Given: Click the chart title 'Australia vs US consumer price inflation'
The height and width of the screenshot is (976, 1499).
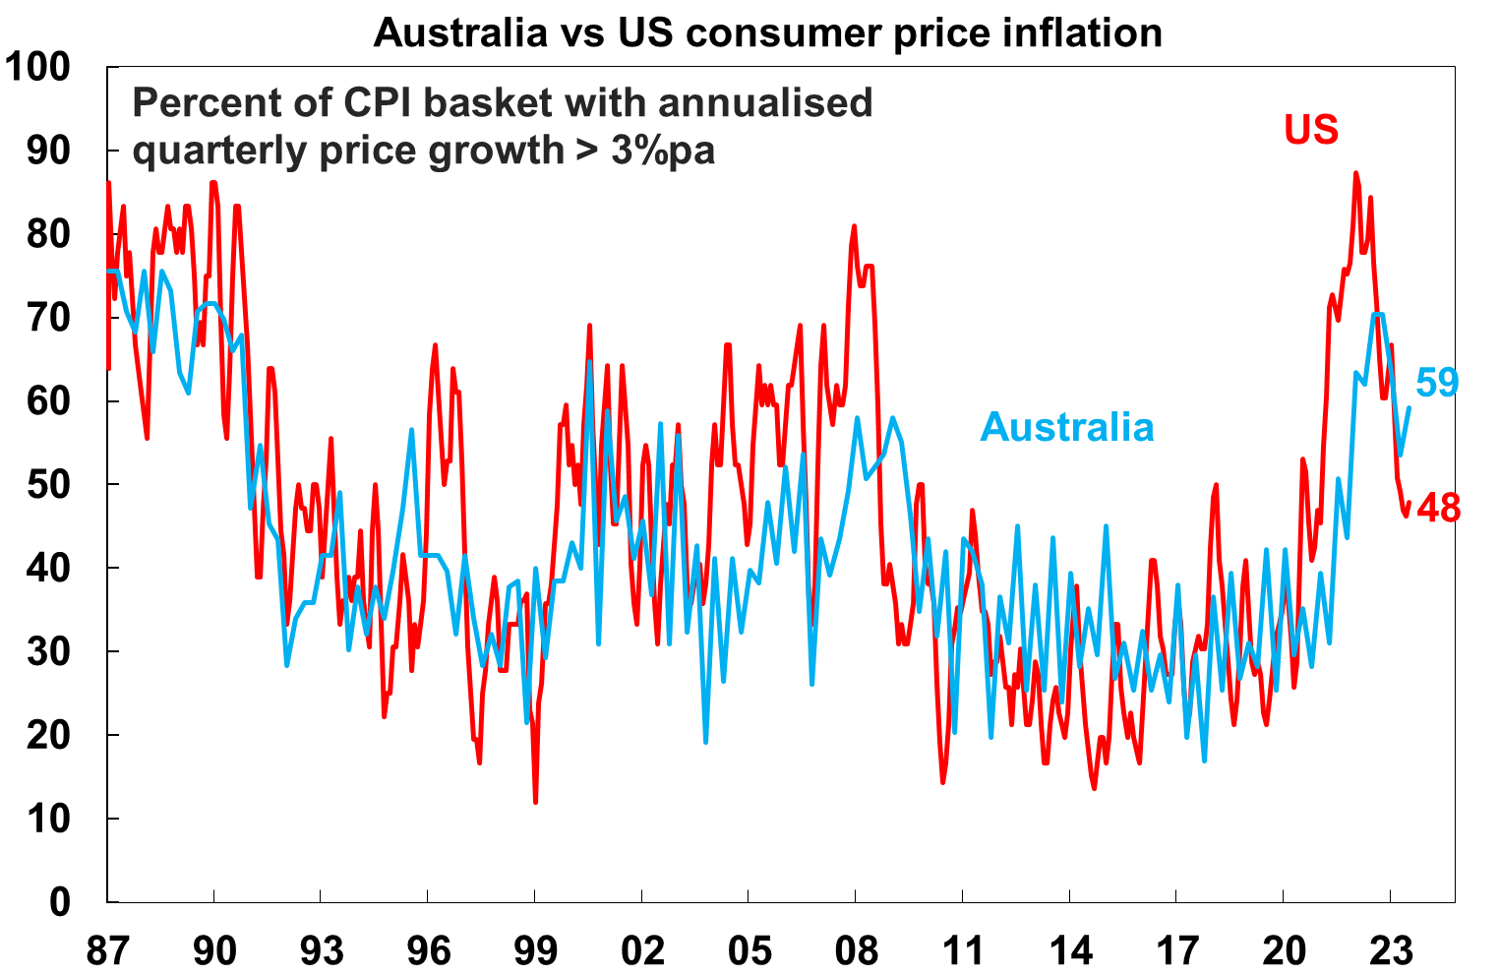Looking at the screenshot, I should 767,32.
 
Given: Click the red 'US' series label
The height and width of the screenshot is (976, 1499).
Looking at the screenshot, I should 1311,130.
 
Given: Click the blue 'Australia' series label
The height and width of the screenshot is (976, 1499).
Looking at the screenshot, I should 1067,427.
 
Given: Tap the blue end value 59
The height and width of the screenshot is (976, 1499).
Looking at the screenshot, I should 1437,383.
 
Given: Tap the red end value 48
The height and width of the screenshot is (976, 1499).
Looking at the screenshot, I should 1439,509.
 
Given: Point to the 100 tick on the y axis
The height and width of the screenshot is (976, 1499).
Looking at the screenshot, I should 38,67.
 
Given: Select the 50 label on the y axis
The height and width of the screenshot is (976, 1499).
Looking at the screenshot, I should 49,484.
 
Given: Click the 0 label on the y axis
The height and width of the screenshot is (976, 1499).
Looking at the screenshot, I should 60,901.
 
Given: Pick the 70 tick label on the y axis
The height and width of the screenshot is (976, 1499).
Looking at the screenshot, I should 49,317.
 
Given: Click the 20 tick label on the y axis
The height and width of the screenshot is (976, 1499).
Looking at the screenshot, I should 49,735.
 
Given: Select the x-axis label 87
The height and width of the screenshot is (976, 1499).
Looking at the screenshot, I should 107,951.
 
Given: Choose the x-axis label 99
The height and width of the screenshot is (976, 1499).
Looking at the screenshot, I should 535,951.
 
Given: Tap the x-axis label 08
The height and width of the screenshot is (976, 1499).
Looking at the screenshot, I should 856,951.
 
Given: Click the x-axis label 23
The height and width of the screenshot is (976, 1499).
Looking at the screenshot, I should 1391,951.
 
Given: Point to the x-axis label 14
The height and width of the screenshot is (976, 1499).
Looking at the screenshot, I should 1070,951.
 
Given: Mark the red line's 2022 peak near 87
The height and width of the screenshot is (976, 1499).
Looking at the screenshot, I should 1356,174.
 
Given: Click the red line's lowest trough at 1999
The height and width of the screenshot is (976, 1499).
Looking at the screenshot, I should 535,802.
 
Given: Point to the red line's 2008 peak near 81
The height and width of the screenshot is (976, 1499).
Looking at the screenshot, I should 854,226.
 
